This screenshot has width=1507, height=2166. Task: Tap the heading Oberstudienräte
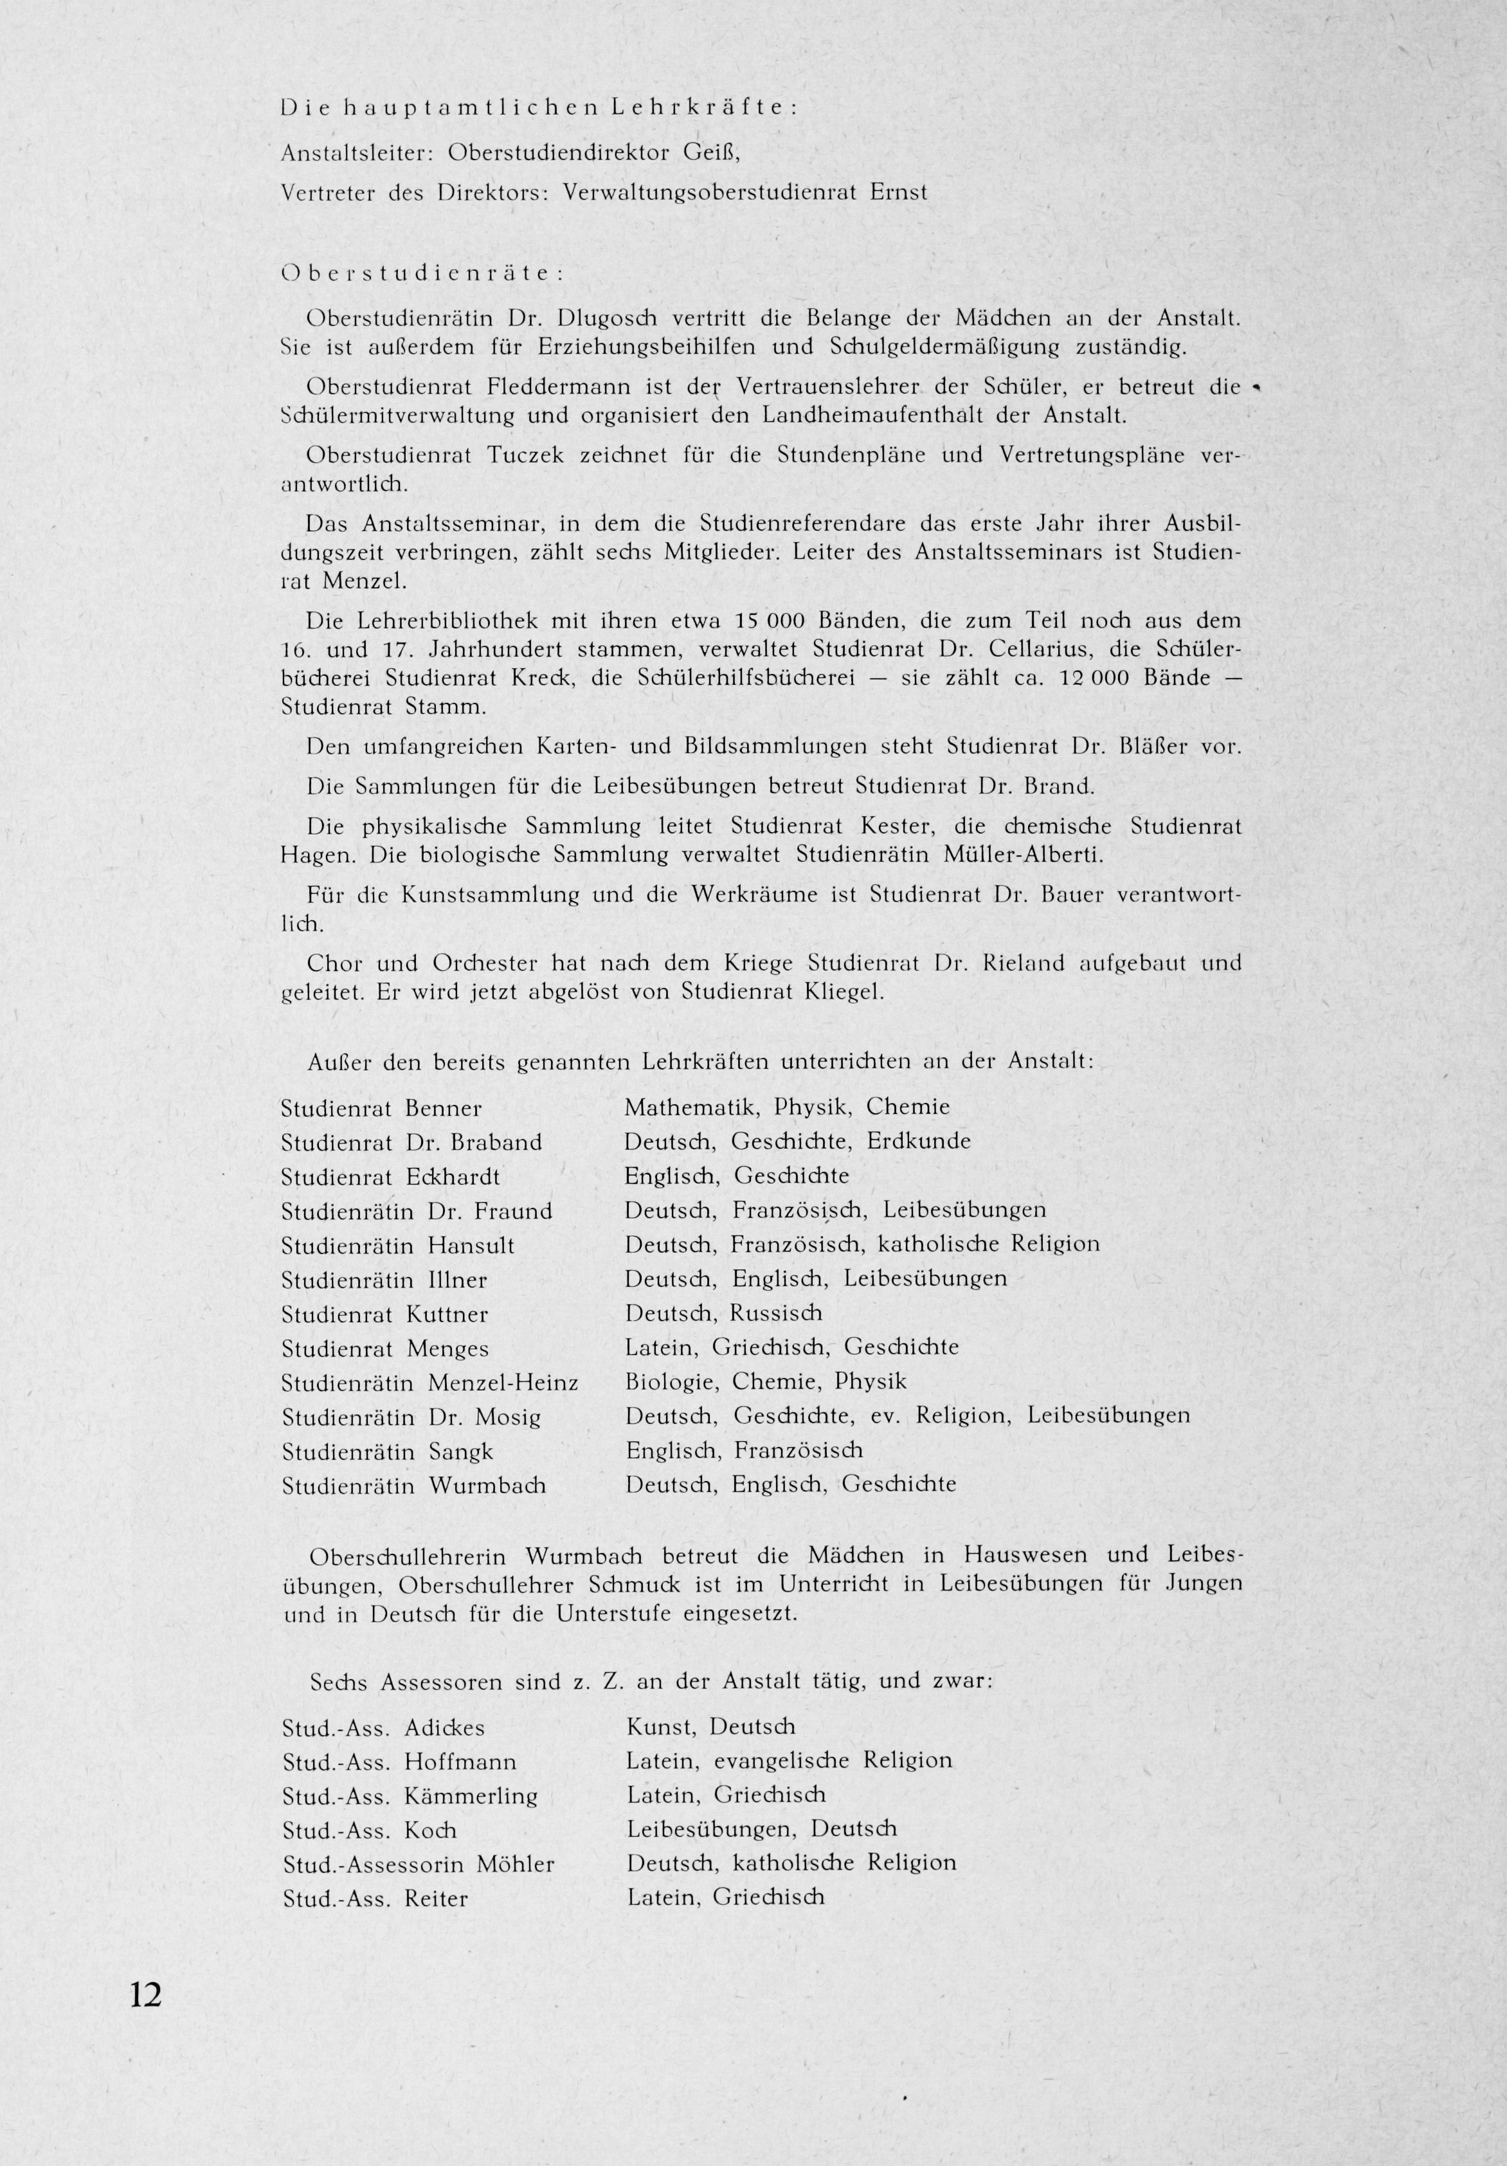422,273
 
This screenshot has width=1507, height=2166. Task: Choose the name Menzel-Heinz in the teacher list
503,1383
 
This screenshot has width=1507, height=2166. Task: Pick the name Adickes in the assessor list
444,1728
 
